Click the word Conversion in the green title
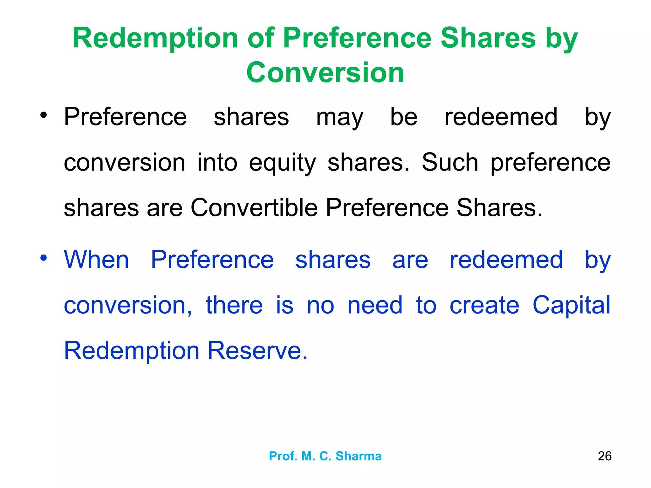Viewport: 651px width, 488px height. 325,72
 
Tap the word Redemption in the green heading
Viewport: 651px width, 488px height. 155,38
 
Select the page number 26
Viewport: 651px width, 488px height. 604,456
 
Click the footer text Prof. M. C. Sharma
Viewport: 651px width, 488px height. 325,456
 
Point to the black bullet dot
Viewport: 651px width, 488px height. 44,115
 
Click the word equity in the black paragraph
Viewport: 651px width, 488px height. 282,163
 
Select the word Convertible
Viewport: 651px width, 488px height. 254,208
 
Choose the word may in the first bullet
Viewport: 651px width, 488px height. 339,118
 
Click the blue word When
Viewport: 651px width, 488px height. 96,260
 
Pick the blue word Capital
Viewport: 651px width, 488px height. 571,305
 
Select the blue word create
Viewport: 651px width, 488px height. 484,305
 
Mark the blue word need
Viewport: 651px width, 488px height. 375,305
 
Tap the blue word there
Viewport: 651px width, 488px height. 234,305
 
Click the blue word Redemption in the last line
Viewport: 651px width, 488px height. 132,350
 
